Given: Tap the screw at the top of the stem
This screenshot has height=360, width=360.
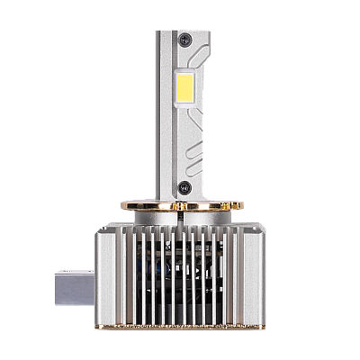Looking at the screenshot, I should [x=184, y=39].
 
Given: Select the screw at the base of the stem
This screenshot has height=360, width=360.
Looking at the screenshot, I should [x=184, y=188].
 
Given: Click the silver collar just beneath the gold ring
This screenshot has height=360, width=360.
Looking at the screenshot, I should [x=184, y=217].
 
